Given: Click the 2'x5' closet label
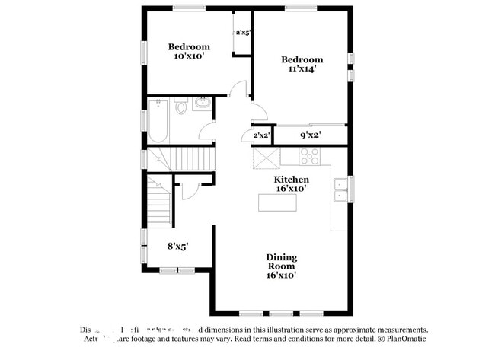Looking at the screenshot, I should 243,33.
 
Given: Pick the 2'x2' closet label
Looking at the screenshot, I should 261,135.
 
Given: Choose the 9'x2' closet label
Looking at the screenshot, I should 310,135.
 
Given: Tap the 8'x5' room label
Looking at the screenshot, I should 177,246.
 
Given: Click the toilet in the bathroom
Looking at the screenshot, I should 180,108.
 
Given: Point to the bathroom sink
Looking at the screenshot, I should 203,104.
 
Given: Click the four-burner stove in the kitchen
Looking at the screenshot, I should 310,156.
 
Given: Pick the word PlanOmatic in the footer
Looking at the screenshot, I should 405,339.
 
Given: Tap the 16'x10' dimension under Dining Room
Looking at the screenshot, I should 281,275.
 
